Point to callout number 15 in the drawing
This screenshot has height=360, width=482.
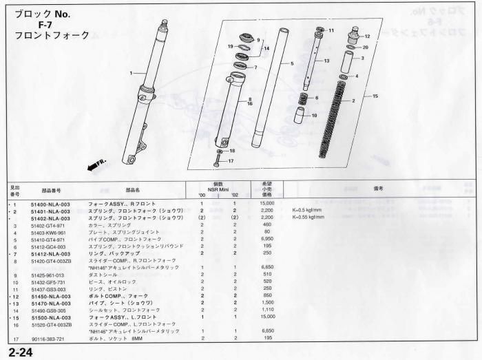[375, 96]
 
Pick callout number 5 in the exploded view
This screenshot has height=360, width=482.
[292, 63]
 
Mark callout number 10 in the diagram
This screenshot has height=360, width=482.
[314, 116]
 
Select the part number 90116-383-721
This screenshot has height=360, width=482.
[48, 338]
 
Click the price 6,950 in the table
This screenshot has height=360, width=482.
[266, 238]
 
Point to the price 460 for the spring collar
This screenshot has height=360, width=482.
[268, 225]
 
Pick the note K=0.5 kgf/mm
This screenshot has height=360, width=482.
[308, 211]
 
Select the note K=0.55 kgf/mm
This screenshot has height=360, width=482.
[309, 218]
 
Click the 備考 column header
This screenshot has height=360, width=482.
[377, 188]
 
